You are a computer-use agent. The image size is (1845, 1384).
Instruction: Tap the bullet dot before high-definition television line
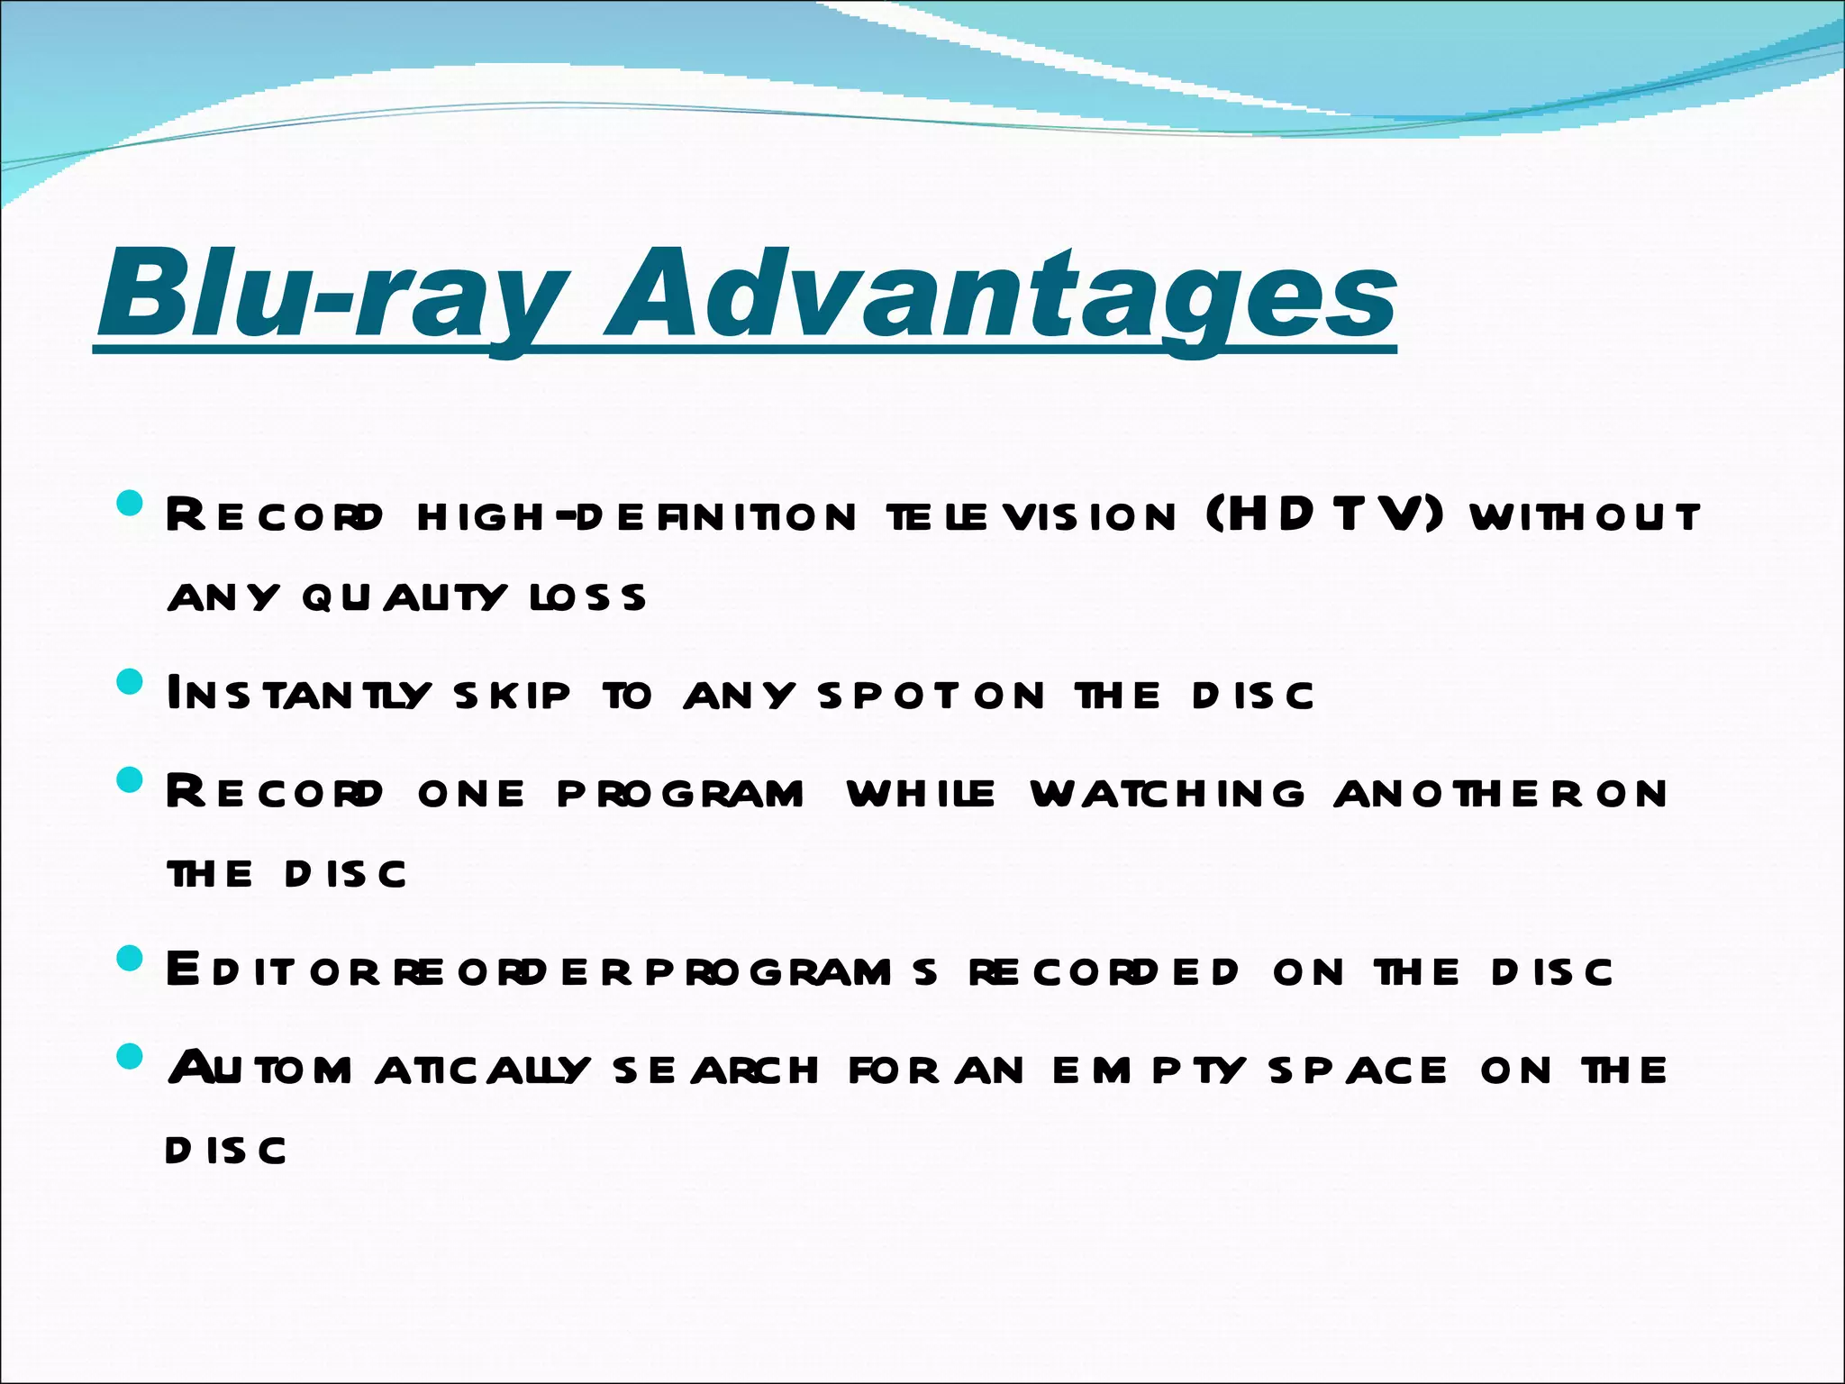[131, 504]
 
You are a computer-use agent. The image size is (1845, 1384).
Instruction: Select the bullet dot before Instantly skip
[131, 682]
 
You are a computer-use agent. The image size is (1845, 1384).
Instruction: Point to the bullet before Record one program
[131, 779]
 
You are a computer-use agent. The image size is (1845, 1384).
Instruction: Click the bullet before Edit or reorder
[131, 958]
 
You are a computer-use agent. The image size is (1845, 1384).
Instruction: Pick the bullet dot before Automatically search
[131, 1056]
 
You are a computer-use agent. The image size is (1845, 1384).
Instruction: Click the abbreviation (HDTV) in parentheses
[1324, 515]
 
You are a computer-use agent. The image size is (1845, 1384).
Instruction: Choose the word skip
[513, 695]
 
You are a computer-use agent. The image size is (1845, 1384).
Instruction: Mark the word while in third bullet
[922, 794]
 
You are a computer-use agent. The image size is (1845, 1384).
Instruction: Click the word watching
[1168, 794]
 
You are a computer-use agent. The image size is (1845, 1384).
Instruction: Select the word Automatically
[379, 1070]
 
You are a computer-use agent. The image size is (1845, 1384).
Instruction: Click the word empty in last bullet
[1150, 1070]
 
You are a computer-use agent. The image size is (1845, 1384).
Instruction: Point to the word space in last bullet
[1358, 1070]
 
